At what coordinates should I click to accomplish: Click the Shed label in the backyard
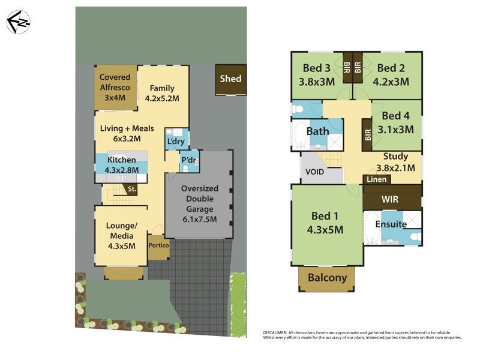(x=231, y=79)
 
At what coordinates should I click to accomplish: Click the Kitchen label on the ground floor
(x=121, y=160)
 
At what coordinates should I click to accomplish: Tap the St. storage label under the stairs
(x=133, y=190)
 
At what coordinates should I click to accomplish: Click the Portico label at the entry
(x=158, y=245)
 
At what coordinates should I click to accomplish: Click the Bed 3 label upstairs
(x=317, y=67)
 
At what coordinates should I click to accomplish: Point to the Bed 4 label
(x=395, y=116)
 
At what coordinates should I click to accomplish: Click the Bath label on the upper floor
(x=317, y=131)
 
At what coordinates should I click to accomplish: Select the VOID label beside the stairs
(x=315, y=172)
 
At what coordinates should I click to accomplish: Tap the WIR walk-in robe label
(x=391, y=199)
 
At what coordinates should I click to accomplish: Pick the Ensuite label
(x=391, y=224)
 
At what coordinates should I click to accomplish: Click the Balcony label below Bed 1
(x=327, y=278)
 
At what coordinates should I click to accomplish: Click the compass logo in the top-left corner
(x=18, y=22)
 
